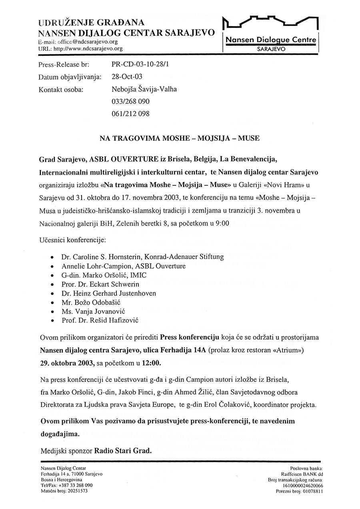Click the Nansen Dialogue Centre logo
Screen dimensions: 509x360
point(270,35)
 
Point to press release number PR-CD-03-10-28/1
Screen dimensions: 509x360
point(141,64)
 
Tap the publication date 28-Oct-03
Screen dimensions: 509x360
point(126,76)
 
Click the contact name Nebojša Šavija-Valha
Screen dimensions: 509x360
point(144,89)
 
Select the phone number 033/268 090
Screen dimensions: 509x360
point(130,101)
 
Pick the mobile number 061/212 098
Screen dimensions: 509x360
point(130,114)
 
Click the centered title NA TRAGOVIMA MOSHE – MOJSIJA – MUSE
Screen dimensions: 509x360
point(180,138)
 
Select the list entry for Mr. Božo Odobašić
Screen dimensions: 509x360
point(94,302)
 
